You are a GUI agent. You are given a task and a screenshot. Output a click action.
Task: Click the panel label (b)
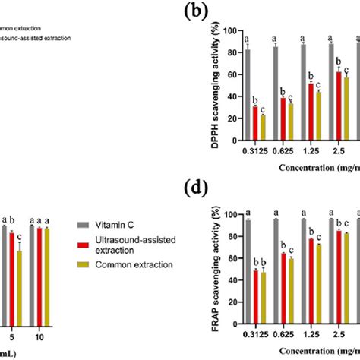click(208, 11)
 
